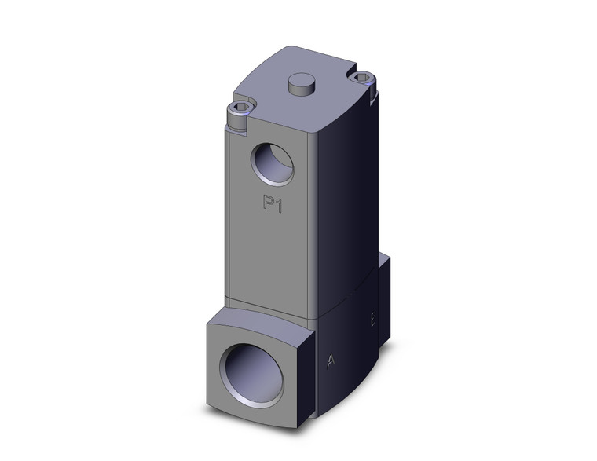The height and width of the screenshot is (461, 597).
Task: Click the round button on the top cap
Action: coord(300,84)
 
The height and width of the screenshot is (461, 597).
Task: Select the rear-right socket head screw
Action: coord(361,78)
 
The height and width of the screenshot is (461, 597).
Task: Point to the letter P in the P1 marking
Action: coord(268,204)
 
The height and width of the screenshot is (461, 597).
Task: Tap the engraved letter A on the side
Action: coord(332,360)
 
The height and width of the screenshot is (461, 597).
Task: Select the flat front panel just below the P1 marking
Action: coord(271,251)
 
